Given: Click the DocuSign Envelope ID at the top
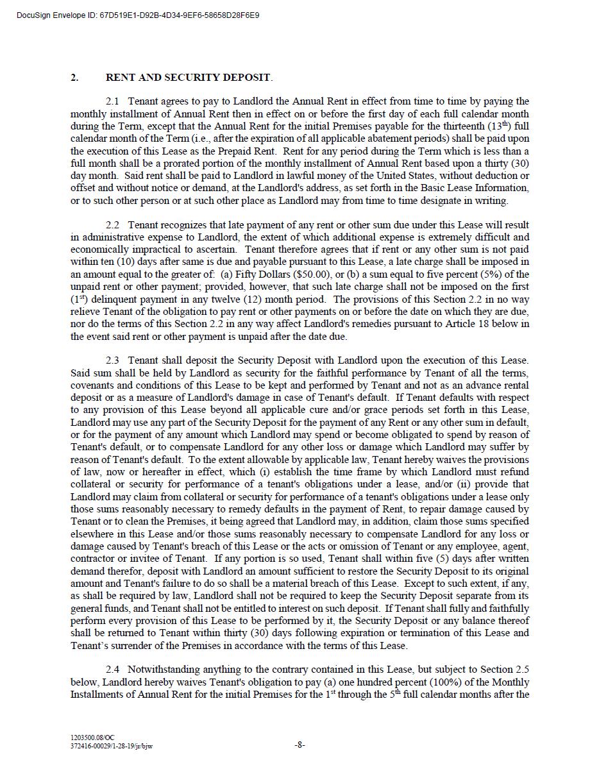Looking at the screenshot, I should tap(139, 15).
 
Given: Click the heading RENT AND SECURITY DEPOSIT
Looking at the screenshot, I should tap(189, 78).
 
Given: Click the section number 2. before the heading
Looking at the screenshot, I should tap(75, 78).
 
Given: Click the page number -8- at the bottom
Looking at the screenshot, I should tap(299, 745).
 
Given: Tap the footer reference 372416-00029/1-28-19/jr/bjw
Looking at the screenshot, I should tap(112, 746).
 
